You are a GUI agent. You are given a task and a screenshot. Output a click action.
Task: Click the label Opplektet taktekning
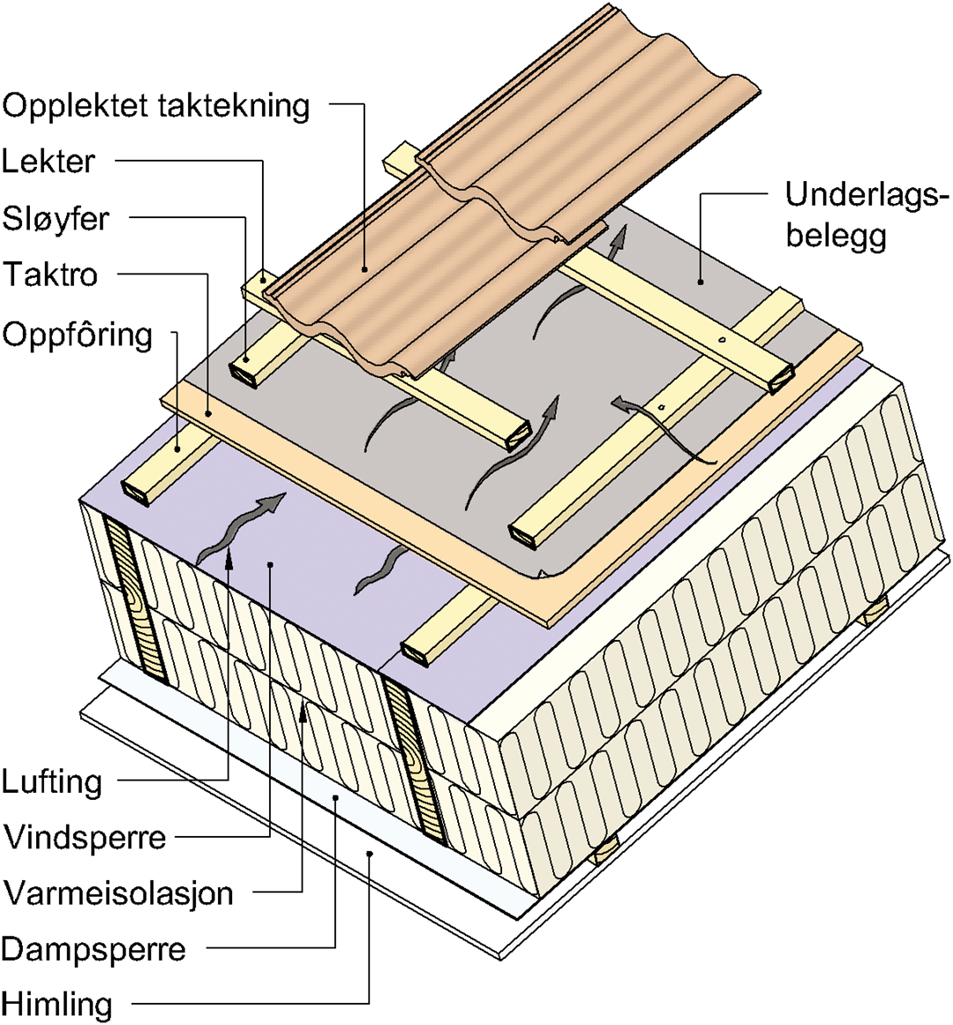(156, 106)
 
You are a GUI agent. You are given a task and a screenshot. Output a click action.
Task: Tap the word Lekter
(49, 162)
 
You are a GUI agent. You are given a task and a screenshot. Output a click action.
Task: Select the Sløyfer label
(56, 218)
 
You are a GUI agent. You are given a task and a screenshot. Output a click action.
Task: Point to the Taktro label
(50, 275)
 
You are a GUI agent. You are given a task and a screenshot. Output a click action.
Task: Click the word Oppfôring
(78, 335)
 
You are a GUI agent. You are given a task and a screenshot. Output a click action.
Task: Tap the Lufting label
(52, 781)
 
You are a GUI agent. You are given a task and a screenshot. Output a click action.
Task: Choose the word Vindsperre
(85, 837)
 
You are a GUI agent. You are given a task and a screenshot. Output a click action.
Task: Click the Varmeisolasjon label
(118, 893)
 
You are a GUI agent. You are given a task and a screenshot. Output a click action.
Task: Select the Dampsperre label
(94, 949)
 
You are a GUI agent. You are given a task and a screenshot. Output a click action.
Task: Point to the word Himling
(57, 1004)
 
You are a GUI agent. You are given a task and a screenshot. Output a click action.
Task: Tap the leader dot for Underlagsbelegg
(700, 282)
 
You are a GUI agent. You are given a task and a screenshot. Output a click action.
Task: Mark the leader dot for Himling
(370, 854)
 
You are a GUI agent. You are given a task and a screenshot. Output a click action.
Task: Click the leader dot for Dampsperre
(336, 797)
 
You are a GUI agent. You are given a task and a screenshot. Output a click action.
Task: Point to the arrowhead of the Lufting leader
(229, 554)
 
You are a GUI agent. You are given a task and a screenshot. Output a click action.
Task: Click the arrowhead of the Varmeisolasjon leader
(303, 711)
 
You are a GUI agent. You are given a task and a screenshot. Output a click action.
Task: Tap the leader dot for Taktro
(208, 411)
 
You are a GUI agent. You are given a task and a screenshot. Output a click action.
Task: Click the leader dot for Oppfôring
(177, 449)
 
